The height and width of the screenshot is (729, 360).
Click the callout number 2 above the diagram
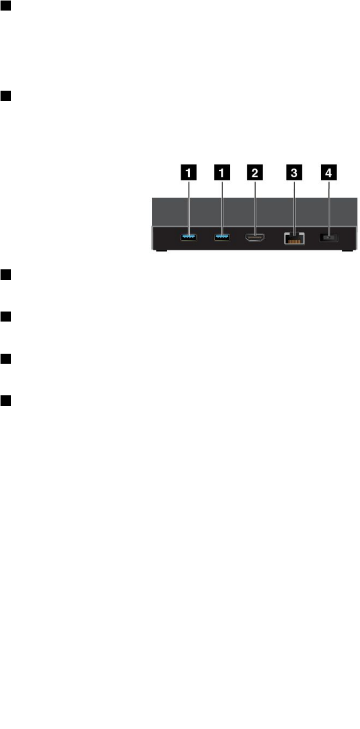[x=255, y=171]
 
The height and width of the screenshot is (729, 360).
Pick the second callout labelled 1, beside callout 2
[x=222, y=171]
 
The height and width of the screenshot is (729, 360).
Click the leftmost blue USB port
[x=189, y=238]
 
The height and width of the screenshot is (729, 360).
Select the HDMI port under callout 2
[x=255, y=238]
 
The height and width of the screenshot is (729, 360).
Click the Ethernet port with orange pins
[x=294, y=238]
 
